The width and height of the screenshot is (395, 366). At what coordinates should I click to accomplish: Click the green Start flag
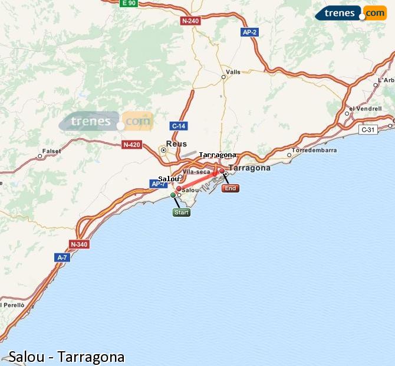pyautogui.click(x=182, y=213)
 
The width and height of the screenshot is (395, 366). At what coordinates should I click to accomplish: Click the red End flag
pyautogui.click(x=230, y=188)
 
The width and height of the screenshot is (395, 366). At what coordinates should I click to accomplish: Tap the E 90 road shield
pyautogui.click(x=129, y=3)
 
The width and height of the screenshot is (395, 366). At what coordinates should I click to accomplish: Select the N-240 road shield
pyautogui.click(x=190, y=21)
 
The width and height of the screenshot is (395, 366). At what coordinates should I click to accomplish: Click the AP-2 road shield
pyautogui.click(x=249, y=32)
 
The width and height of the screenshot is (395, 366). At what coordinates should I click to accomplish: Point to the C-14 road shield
pyautogui.click(x=178, y=126)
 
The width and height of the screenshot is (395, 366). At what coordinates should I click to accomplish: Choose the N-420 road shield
pyautogui.click(x=131, y=144)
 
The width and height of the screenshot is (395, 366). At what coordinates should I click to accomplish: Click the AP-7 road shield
pyautogui.click(x=159, y=184)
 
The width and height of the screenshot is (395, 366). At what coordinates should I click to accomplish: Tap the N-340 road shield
pyautogui.click(x=78, y=244)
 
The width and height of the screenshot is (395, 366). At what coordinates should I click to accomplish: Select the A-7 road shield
pyautogui.click(x=62, y=257)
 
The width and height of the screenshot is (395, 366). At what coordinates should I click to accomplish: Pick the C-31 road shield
pyautogui.click(x=368, y=129)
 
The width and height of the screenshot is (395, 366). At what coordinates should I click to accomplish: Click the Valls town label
pyautogui.click(x=233, y=71)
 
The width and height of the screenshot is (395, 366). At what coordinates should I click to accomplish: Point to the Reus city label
pyautogui.click(x=176, y=143)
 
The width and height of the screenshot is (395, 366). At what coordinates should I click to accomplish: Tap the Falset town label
pyautogui.click(x=52, y=151)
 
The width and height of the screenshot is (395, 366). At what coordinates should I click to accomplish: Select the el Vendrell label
pyautogui.click(x=365, y=109)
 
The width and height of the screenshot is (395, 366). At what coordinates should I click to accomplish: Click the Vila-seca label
pyautogui.click(x=196, y=172)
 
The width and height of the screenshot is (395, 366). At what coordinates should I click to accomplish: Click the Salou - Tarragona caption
pyautogui.click(x=67, y=357)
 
